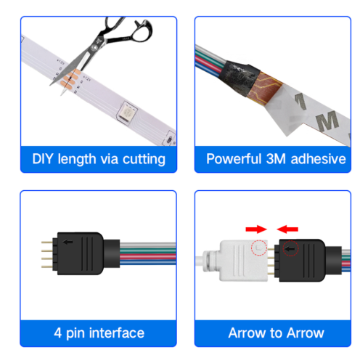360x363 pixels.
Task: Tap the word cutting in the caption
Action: [144, 160]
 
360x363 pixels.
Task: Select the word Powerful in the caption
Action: [234, 159]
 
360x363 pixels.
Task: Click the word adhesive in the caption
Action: [318, 159]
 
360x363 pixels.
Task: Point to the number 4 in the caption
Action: [58, 333]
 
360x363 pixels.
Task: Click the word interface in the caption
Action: [117, 333]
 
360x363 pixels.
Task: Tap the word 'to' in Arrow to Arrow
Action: [276, 333]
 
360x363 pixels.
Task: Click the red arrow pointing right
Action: [256, 229]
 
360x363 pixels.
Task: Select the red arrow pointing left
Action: [287, 229]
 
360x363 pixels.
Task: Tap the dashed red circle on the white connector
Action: [259, 248]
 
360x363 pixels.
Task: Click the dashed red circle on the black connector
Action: [291, 248]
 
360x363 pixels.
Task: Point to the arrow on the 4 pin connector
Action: [67, 242]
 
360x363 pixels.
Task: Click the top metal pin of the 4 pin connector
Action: [47, 242]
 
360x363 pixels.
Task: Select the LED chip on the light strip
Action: [127, 112]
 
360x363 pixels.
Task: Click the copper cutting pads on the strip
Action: [70, 79]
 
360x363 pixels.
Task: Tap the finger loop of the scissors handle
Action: [144, 30]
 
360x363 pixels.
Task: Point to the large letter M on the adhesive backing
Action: [327, 121]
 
